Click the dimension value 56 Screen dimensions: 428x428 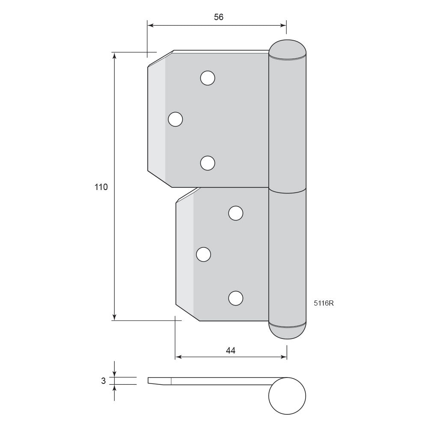tap(219, 17)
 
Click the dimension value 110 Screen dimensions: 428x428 tap(101, 187)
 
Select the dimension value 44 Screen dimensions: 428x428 tap(231, 351)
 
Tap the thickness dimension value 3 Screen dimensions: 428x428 tap(103, 381)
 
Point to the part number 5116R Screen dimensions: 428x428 tap(324, 303)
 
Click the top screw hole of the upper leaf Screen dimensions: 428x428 tap(208, 78)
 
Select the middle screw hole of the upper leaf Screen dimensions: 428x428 tap(175, 119)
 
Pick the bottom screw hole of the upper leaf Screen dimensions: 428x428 tap(208, 163)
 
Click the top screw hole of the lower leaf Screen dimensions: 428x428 tap(235, 213)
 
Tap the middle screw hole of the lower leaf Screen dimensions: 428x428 tap(203, 254)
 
